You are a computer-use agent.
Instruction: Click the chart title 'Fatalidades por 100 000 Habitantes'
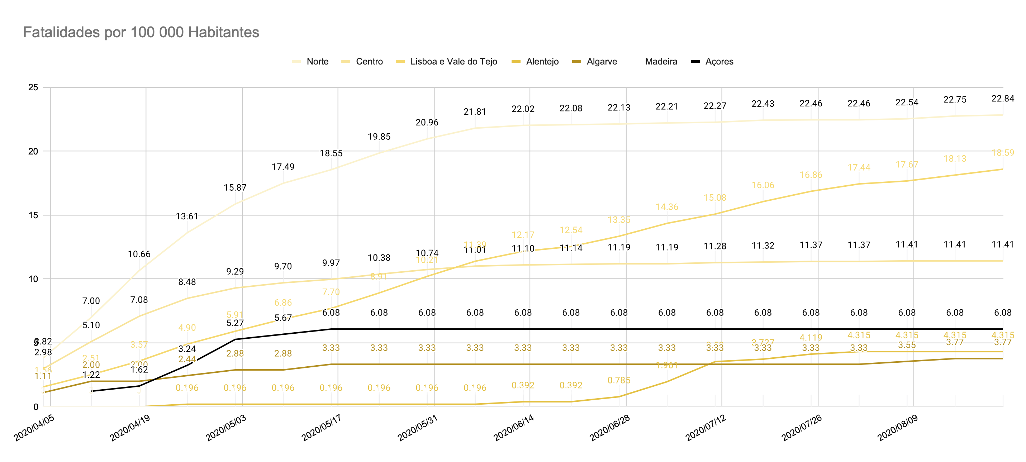tap(141, 32)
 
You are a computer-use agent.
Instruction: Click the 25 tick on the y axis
tap(33, 87)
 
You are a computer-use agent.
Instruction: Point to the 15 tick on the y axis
tap(33, 215)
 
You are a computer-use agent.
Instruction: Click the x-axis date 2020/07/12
tap(706, 427)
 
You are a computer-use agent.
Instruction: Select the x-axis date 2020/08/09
tap(898, 427)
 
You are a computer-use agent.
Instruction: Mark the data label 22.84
tap(1002, 98)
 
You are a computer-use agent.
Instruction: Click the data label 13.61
tap(187, 216)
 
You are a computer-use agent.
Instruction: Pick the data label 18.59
tap(1002, 153)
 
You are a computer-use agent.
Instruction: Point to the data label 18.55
tap(331, 153)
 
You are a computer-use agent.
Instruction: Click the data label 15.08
tap(715, 197)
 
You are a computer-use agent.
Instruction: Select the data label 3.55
tap(907, 345)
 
